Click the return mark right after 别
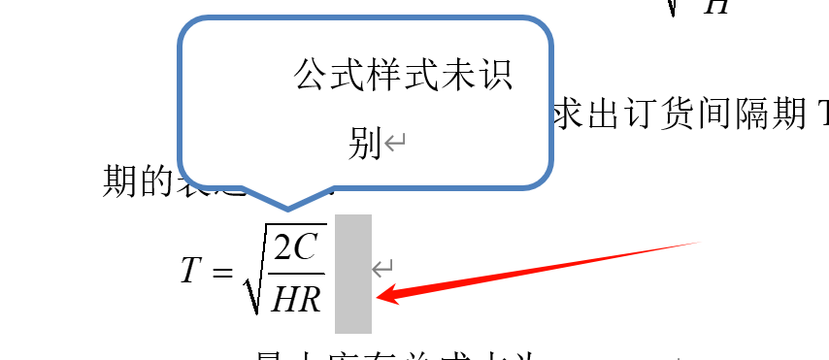pyautogui.click(x=394, y=144)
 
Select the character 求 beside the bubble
pyautogui.click(x=569, y=116)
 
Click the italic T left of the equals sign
pyautogui.click(x=190, y=270)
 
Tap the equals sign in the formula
pyautogui.click(x=222, y=272)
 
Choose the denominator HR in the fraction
pyautogui.click(x=296, y=299)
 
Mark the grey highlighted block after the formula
pyautogui.click(x=352, y=274)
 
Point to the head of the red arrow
pyautogui.click(x=381, y=296)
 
